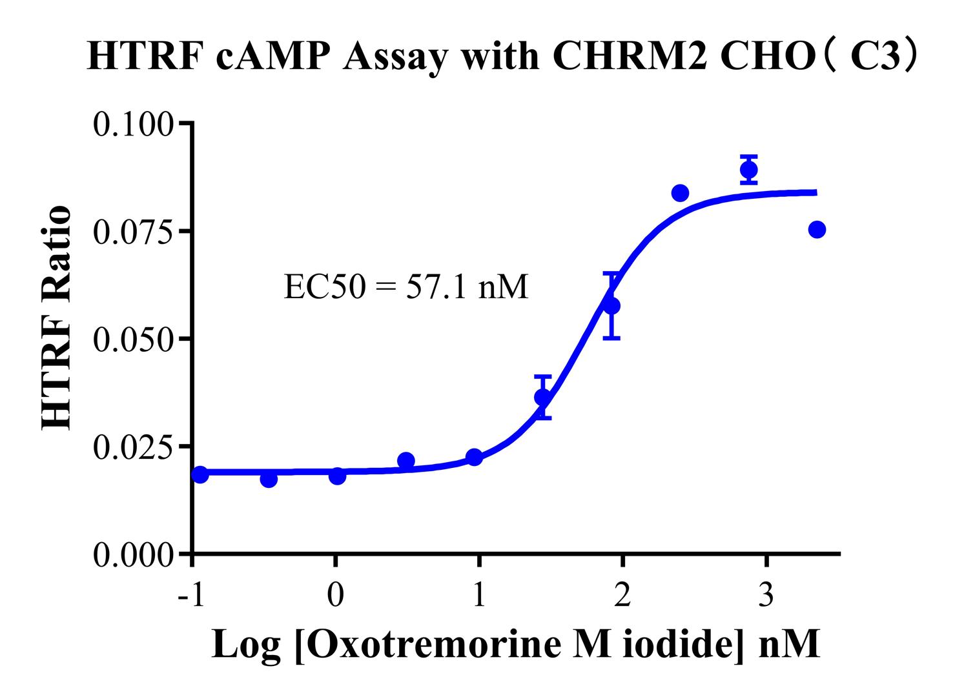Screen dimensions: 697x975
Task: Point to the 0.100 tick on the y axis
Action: point(134,124)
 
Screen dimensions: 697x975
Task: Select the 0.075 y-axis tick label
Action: point(134,232)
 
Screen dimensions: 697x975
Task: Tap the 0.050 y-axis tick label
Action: point(134,339)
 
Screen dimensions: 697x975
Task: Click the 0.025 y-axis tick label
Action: point(134,447)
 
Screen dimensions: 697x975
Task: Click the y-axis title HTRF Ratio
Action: point(57,318)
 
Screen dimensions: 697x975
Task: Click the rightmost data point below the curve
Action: point(817,229)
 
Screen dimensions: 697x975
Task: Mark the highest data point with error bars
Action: point(749,170)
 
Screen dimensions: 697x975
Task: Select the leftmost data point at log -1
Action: point(200,474)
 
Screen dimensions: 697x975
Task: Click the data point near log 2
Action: point(611,305)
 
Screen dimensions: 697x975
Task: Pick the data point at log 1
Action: point(474,457)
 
